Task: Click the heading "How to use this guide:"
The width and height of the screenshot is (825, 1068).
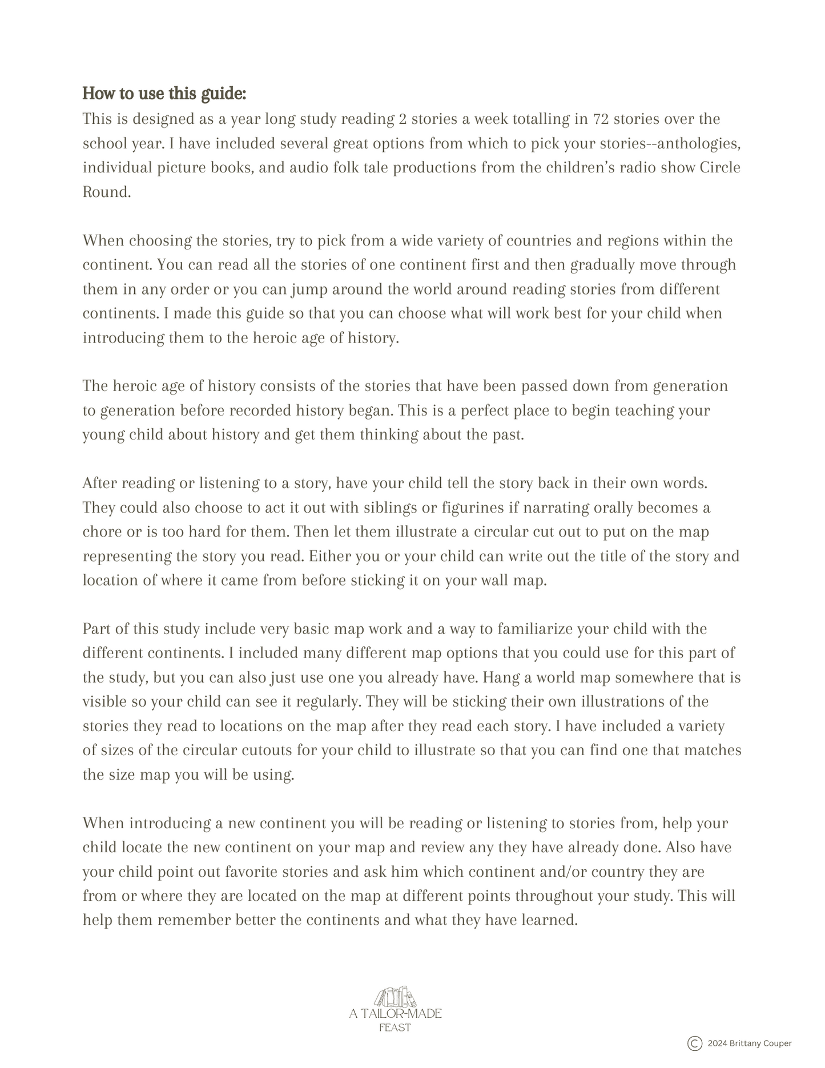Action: pyautogui.click(x=164, y=93)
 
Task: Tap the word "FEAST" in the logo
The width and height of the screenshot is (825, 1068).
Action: pyautogui.click(x=395, y=1027)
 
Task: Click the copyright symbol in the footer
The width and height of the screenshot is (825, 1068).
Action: pyautogui.click(x=694, y=1043)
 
